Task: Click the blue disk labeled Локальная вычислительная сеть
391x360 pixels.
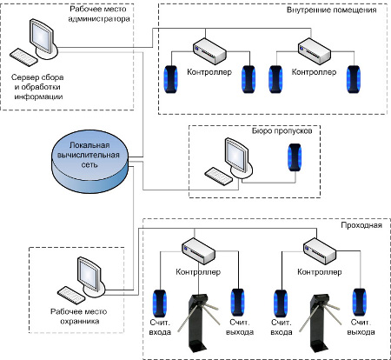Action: click(x=89, y=161)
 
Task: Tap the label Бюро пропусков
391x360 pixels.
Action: click(x=282, y=130)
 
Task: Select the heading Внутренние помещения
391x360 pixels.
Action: click(x=331, y=10)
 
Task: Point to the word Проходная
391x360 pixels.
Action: click(x=361, y=225)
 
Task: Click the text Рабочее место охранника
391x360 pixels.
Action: click(x=79, y=317)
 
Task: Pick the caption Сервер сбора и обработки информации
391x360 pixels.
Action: click(x=37, y=87)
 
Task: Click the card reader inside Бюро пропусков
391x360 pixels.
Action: click(x=295, y=157)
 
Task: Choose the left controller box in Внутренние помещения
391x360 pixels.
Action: click(x=209, y=51)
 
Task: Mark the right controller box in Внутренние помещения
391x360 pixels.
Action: click(x=315, y=51)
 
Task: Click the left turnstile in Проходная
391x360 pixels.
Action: click(x=198, y=322)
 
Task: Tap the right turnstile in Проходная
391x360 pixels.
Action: click(x=320, y=323)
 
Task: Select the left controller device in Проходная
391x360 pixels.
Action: click(x=198, y=251)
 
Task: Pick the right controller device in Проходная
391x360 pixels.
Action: click(x=320, y=251)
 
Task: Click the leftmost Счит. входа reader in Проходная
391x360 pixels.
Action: click(x=160, y=303)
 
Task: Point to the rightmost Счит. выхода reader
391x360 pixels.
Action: click(x=359, y=303)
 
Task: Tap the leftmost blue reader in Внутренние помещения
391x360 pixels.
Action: click(x=170, y=79)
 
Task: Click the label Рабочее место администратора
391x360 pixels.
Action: click(x=98, y=14)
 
